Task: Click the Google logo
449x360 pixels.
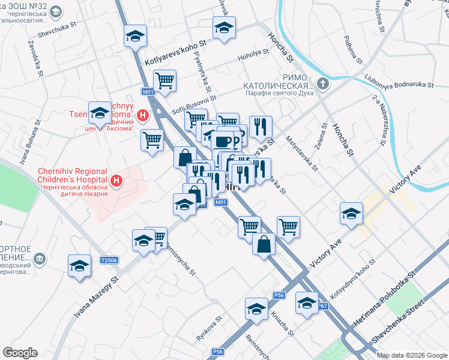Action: point(20,353)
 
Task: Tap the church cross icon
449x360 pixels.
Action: point(323,83)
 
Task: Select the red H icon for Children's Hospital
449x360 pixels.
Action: point(117,180)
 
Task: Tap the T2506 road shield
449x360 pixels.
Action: point(109,260)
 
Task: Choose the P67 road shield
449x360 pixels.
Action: point(322,306)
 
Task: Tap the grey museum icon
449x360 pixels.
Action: point(40,258)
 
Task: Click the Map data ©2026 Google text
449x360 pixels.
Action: point(411,355)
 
